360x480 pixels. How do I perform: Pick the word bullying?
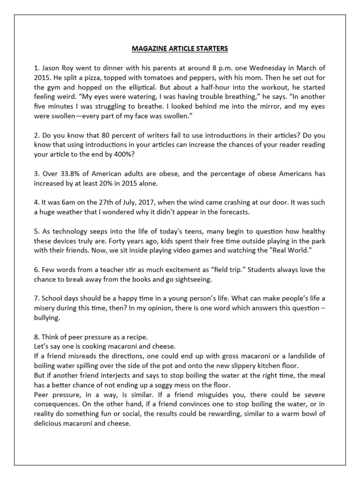pos(48,318)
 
